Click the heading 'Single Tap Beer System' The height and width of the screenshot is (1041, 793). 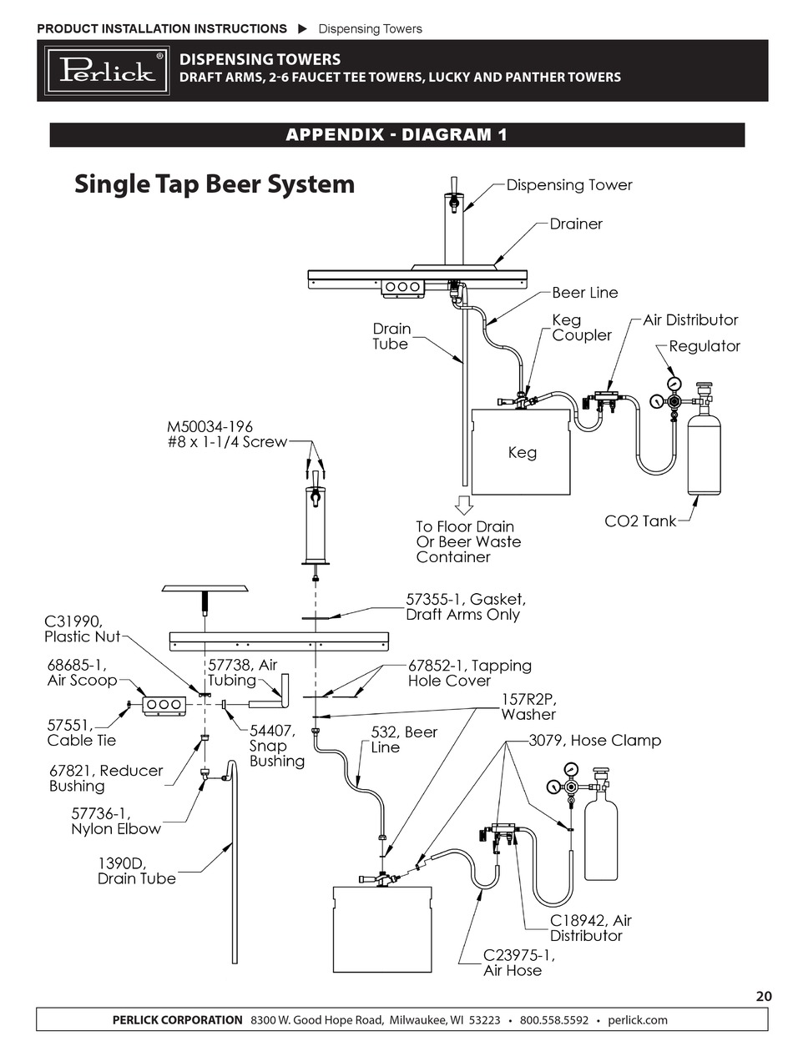[215, 184]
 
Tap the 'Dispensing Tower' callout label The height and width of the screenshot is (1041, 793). [569, 185]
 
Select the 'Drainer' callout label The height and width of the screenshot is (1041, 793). [575, 224]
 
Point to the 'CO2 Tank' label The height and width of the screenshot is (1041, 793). [640, 522]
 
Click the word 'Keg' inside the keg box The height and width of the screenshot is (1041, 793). [522, 453]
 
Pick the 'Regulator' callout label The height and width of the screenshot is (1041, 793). [705, 346]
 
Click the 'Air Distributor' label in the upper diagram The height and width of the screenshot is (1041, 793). [690, 320]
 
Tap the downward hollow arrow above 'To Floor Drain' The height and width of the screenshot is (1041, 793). [463, 505]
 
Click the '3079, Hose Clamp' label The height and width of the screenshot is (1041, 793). [594, 741]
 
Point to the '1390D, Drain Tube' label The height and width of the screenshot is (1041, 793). [137, 871]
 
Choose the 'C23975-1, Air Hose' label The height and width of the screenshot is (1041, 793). [518, 963]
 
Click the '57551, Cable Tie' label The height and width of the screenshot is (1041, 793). [81, 732]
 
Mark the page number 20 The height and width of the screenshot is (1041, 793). [763, 996]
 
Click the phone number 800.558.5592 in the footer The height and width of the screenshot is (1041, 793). [554, 1020]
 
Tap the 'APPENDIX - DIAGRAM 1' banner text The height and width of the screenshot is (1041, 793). [396, 135]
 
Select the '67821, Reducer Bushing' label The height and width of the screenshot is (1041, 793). [106, 778]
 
